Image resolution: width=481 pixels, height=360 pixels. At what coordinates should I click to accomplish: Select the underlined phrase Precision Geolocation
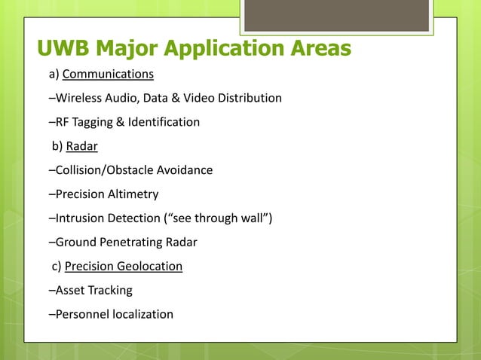[x=124, y=266]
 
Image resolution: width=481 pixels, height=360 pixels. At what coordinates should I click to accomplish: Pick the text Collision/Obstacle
[x=106, y=170]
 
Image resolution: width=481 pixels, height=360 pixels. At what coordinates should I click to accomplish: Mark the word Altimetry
[x=133, y=194]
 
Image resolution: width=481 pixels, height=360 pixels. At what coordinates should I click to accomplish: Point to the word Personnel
[x=81, y=314]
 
